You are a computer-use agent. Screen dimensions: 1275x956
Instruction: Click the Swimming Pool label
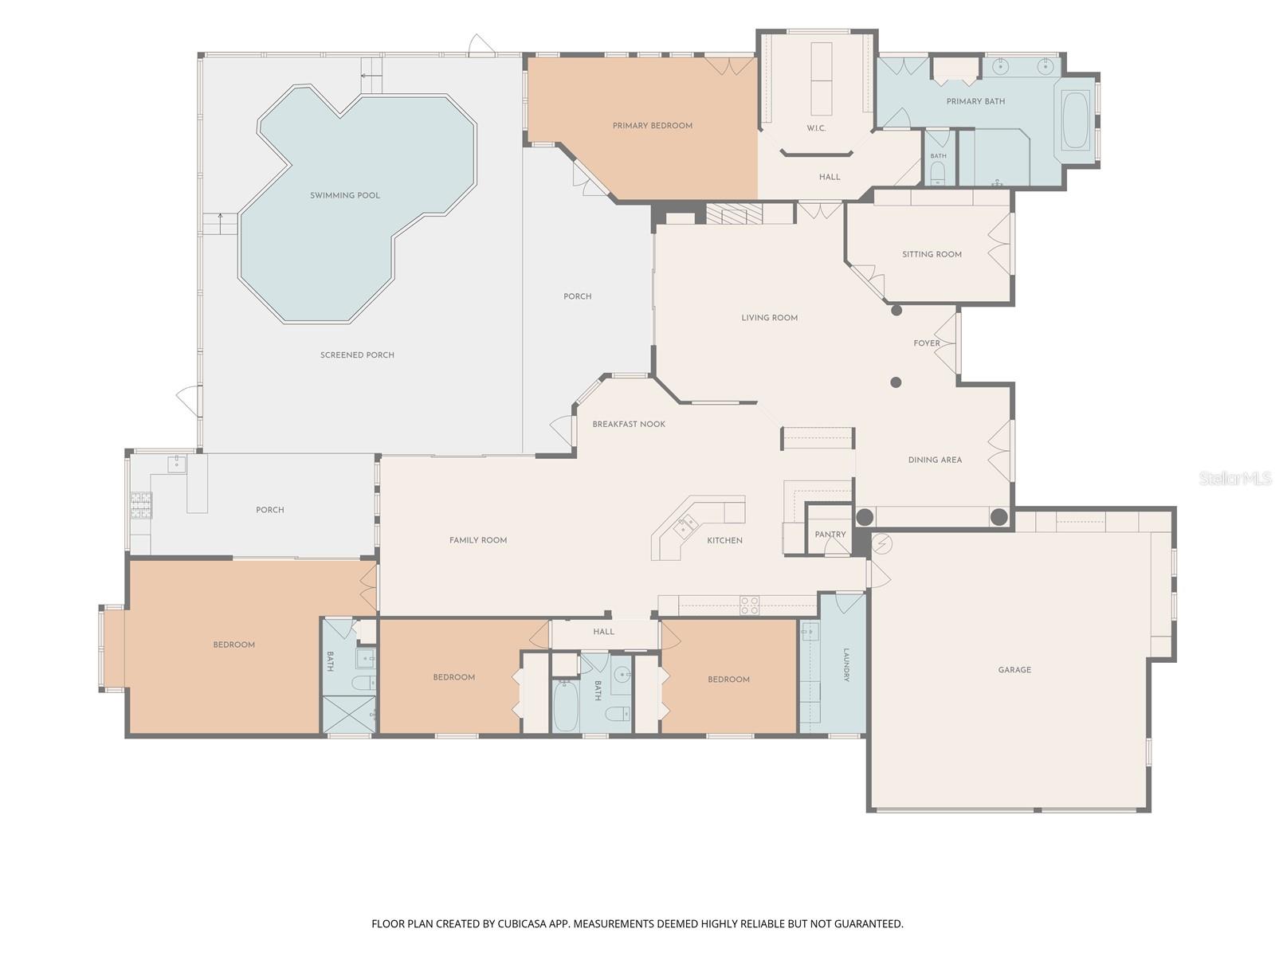(x=344, y=196)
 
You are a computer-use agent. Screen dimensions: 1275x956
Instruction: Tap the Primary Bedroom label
(x=653, y=126)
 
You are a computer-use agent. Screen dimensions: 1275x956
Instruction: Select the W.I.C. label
(x=816, y=128)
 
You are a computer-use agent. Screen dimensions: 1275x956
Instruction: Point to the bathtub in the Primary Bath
(x=1075, y=121)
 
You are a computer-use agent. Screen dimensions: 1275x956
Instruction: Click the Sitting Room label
(x=932, y=255)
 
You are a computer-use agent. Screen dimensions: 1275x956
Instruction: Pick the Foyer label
(x=927, y=343)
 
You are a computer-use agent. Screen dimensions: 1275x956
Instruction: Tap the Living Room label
(x=769, y=318)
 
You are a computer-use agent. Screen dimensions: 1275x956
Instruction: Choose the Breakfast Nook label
(x=629, y=425)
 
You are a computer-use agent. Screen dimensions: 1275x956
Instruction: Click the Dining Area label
(x=935, y=460)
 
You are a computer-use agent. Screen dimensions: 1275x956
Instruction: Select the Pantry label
(x=830, y=535)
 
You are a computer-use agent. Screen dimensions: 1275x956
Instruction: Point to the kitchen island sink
(x=685, y=525)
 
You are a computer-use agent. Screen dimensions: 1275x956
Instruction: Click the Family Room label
(x=478, y=540)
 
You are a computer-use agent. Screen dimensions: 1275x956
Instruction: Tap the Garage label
(x=1014, y=670)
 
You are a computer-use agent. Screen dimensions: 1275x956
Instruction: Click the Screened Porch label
(x=357, y=355)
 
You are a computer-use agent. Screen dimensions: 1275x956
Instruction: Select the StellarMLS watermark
(x=1235, y=479)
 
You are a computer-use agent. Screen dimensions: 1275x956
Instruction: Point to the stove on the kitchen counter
(x=749, y=605)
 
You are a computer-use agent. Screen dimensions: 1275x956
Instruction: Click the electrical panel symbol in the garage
(x=881, y=543)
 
